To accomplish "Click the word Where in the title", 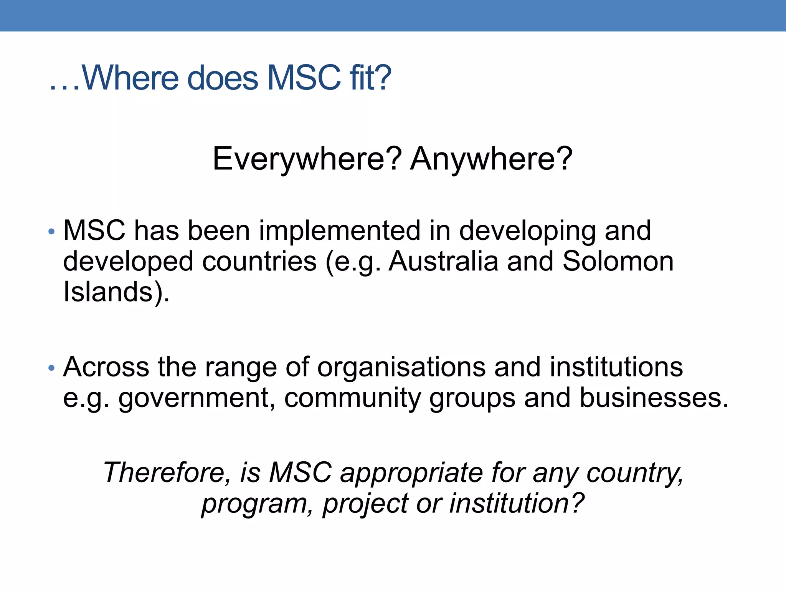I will click(130, 78).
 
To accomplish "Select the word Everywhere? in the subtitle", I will click(307, 159).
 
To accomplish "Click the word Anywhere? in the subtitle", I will click(491, 159).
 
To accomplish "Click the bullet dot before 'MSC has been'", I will click(52, 232).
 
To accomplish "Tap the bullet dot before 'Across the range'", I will click(52, 368).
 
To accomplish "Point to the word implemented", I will click(340, 231).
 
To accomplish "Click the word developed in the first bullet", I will click(128, 262).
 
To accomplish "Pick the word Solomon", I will click(618, 261).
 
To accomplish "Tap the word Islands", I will click(108, 292).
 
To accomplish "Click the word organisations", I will click(401, 368).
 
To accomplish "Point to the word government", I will click(194, 399).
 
